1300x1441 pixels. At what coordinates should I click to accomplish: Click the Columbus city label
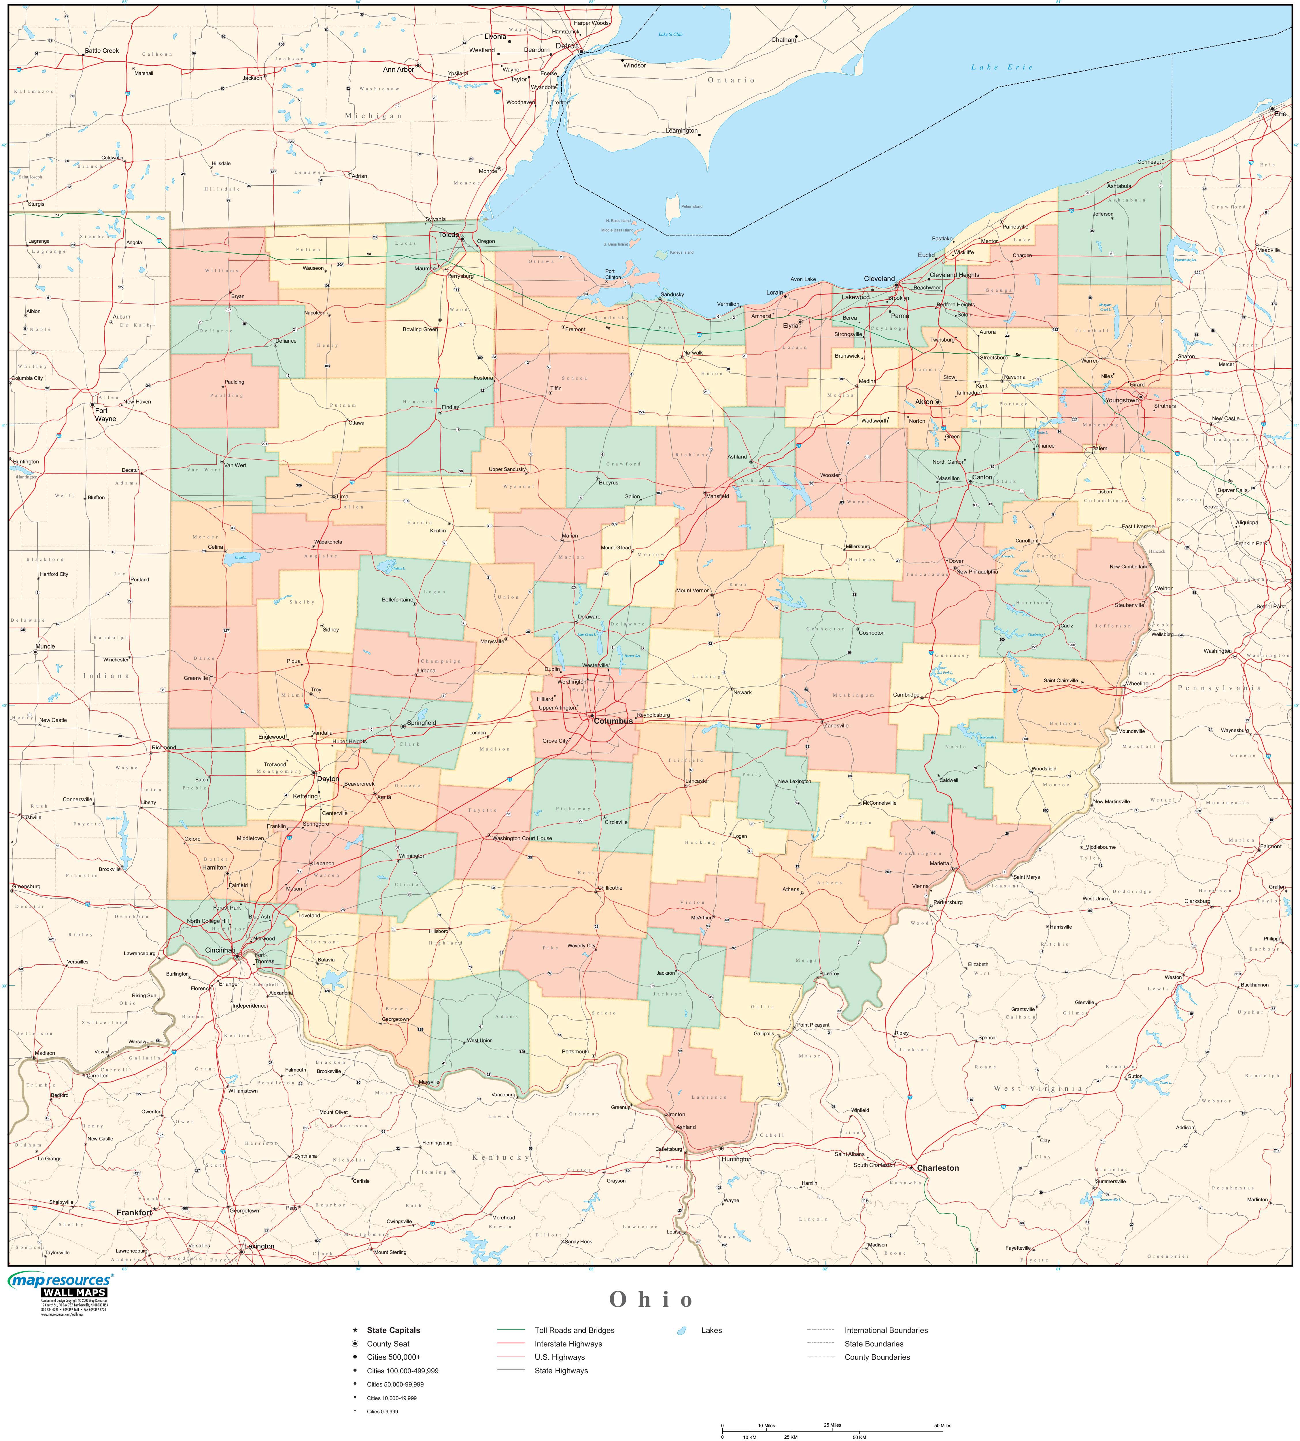point(614,721)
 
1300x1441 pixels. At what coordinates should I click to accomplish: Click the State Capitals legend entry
point(393,1330)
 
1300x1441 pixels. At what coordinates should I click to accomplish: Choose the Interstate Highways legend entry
point(568,1344)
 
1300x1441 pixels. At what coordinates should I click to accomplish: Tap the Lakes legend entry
point(711,1330)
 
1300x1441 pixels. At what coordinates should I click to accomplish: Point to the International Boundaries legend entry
point(886,1330)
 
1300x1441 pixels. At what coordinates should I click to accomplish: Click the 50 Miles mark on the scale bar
point(943,1425)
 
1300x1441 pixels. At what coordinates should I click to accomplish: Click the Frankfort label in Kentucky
point(134,1212)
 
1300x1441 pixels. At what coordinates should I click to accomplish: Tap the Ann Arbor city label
point(398,69)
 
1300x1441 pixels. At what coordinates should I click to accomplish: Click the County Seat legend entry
point(388,1344)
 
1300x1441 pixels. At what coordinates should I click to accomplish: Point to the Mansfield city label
point(718,496)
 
